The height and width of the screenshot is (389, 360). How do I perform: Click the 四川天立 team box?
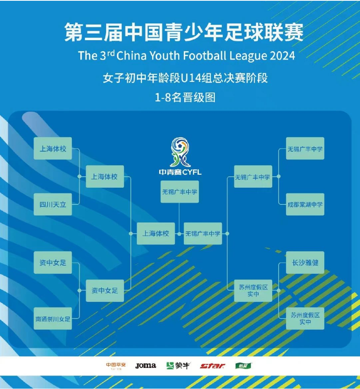coord(53,204)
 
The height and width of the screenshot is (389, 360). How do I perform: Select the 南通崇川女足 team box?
coord(53,318)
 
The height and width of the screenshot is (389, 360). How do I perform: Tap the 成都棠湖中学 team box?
coord(305,204)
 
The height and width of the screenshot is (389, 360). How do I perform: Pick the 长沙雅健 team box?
coord(305,263)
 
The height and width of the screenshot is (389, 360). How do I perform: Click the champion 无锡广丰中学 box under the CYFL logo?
coord(179,192)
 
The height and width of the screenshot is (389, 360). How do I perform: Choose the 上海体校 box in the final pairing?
coord(156,233)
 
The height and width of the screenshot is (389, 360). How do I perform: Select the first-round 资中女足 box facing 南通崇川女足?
coord(53,263)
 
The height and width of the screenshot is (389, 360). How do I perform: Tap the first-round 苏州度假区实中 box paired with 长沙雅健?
coord(305,318)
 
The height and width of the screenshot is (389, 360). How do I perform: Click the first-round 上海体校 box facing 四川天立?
coord(53,148)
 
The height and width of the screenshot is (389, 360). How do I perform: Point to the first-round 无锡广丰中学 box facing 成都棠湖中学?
coord(305,148)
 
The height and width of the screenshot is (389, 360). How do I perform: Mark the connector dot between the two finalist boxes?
coord(179,234)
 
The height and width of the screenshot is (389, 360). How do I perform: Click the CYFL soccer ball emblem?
coord(180,152)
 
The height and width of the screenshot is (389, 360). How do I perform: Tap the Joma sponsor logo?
coord(145,366)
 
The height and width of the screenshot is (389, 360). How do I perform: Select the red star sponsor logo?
coord(213,366)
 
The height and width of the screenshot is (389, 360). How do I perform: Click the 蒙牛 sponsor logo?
coord(178,366)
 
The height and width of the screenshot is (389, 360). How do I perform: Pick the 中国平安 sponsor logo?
coord(116,366)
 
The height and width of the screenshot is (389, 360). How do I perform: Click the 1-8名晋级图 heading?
coord(185,98)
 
